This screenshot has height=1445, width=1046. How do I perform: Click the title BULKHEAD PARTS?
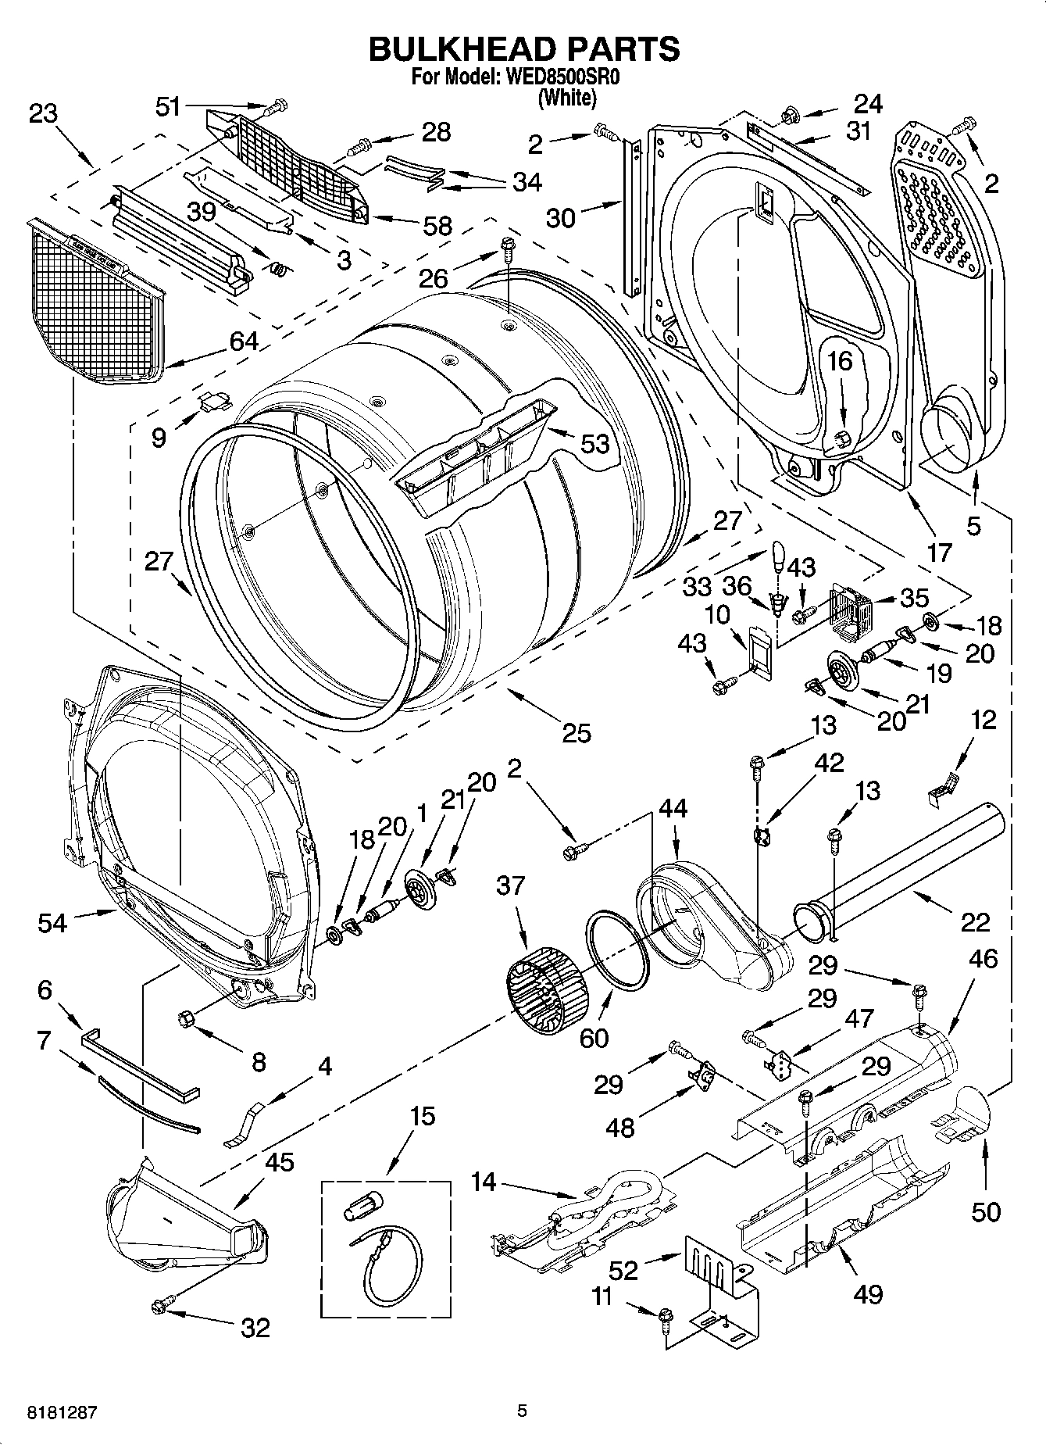pyautogui.click(x=523, y=48)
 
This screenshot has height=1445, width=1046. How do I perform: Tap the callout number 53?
pyautogui.click(x=594, y=443)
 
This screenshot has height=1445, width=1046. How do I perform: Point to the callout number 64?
pyautogui.click(x=243, y=342)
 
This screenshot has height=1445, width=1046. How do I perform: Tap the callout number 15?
pyautogui.click(x=422, y=1115)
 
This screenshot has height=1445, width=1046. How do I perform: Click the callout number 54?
pyautogui.click(x=52, y=923)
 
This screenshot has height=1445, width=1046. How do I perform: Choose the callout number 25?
pyautogui.click(x=577, y=733)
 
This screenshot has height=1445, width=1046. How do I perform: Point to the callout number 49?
pyautogui.click(x=867, y=1293)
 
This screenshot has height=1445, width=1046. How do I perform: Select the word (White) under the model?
pyautogui.click(x=567, y=98)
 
